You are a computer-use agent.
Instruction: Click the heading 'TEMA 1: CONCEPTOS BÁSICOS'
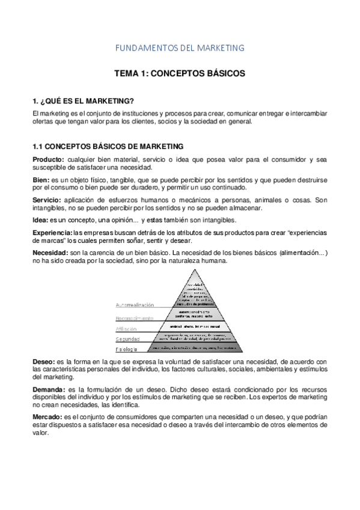(x=180, y=74)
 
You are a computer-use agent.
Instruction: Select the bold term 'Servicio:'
(x=47, y=200)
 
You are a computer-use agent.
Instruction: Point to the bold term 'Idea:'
(x=41, y=221)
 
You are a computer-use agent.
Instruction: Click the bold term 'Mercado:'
(x=47, y=417)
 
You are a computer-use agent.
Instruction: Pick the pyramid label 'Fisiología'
(x=127, y=349)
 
